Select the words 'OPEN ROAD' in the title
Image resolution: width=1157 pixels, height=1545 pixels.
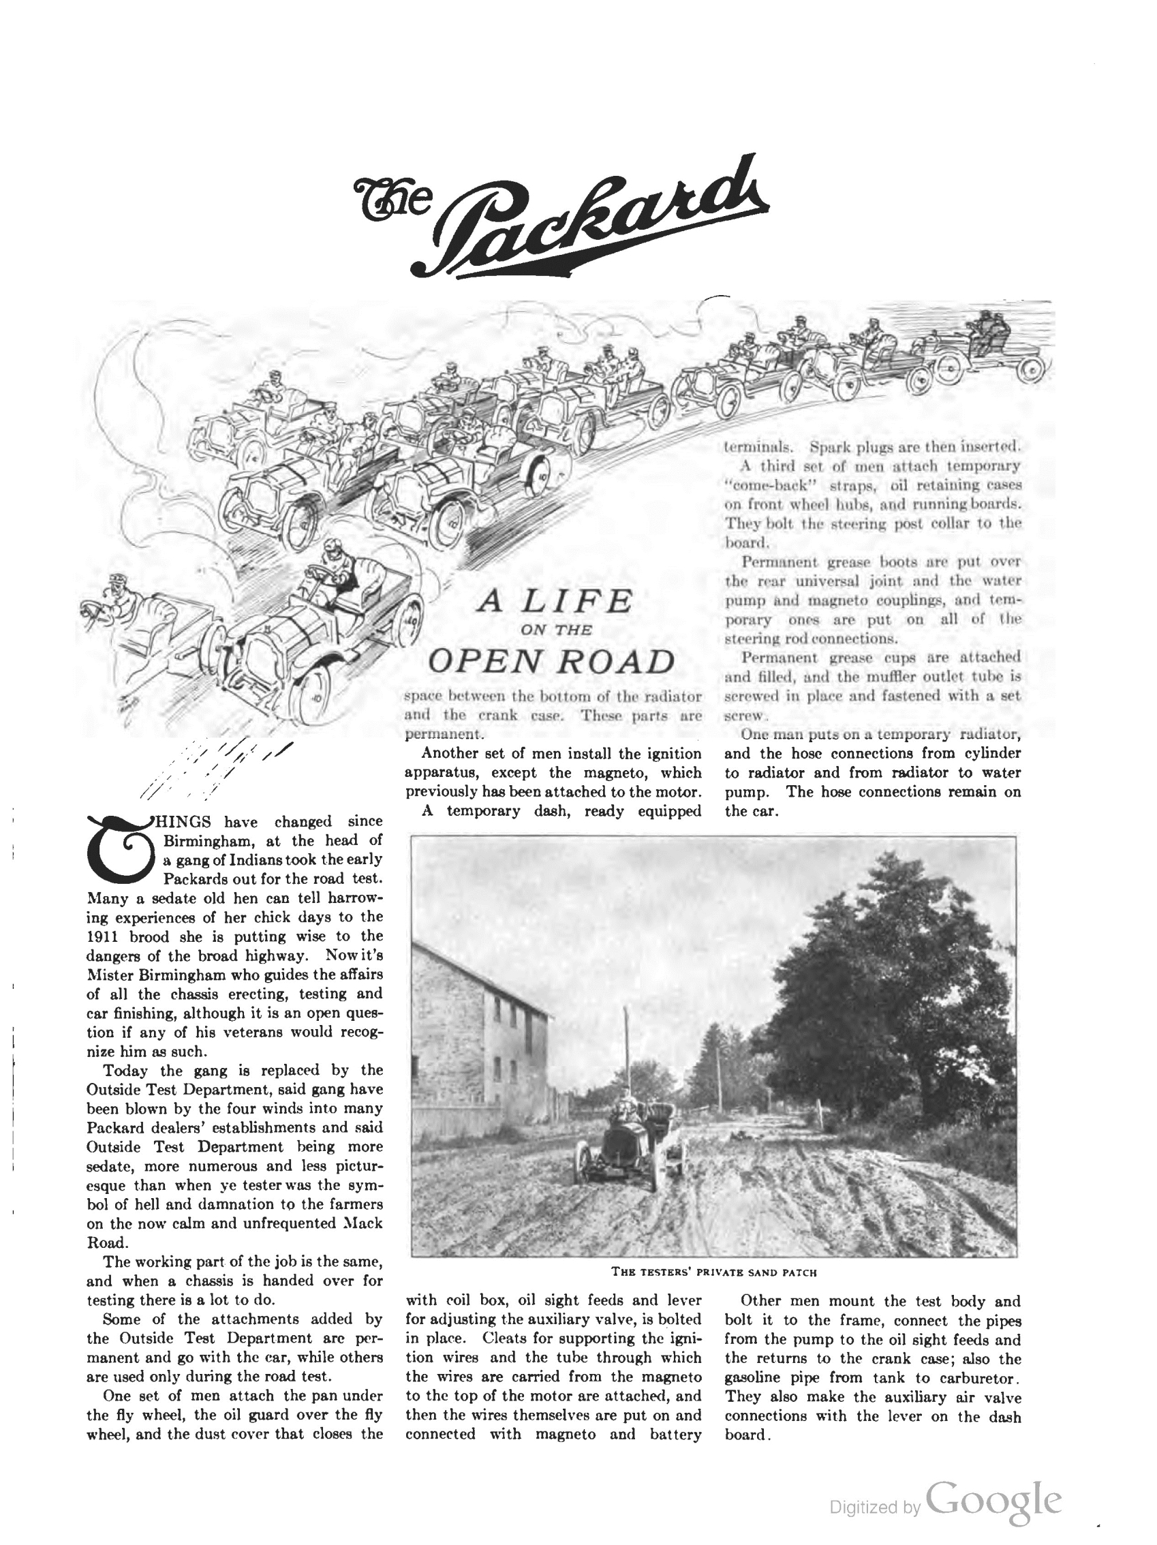click(552, 662)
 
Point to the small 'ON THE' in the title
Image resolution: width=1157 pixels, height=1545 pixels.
click(557, 630)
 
